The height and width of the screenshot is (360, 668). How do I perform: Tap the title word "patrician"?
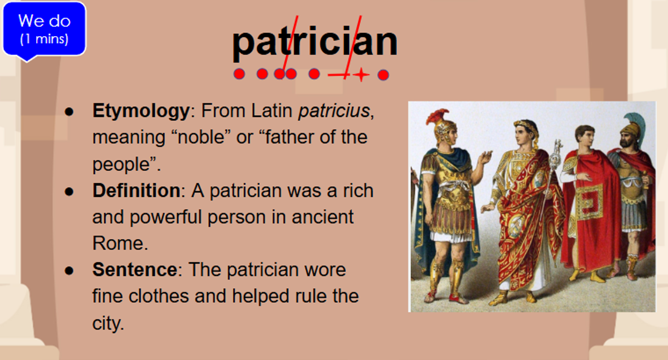(315, 42)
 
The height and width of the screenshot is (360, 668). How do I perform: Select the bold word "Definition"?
(136, 190)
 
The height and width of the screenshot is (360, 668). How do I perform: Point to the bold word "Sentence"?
(135, 269)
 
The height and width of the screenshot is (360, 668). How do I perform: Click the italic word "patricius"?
(335, 111)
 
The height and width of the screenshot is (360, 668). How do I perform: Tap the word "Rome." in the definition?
(120, 243)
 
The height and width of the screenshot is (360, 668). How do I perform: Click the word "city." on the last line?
(108, 323)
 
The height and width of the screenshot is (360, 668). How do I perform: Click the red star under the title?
(361, 75)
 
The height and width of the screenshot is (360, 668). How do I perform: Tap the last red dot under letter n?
(383, 75)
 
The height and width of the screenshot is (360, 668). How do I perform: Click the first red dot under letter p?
(239, 74)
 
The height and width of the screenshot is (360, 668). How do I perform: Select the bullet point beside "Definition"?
(69, 191)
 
